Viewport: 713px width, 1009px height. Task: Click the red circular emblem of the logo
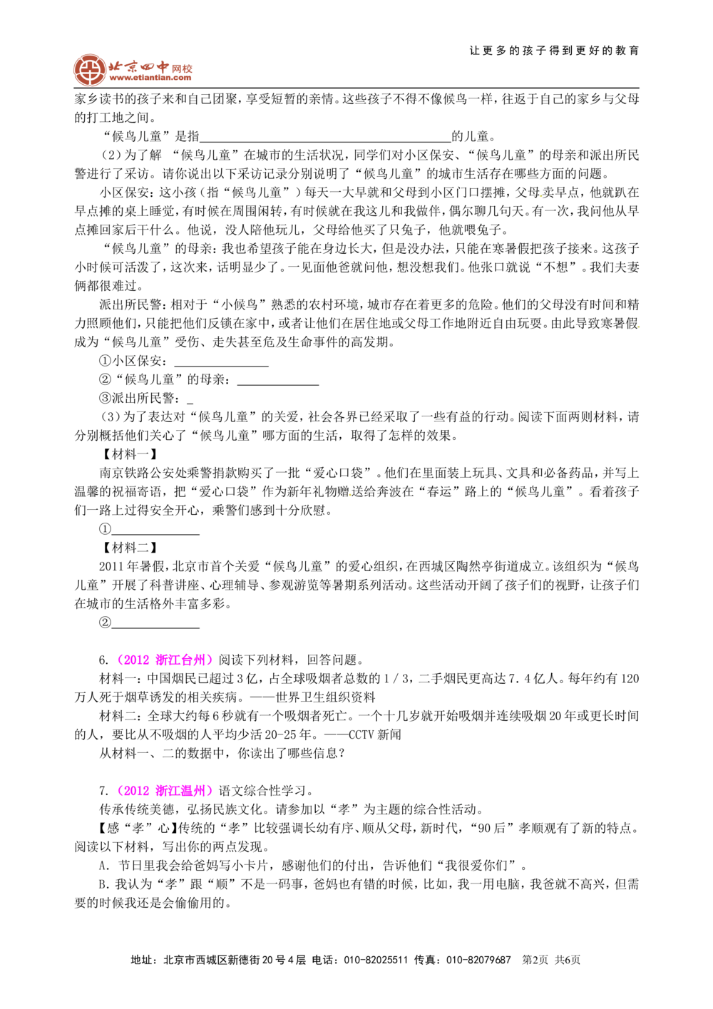(89, 70)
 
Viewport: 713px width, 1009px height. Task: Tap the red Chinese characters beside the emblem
(150, 68)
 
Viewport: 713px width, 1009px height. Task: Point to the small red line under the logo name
(150, 79)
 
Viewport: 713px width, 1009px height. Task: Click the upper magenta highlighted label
(165, 660)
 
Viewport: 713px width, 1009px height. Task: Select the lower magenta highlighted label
(165, 791)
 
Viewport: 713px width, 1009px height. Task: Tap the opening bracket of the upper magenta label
(118, 660)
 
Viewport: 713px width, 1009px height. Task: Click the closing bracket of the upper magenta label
(211, 660)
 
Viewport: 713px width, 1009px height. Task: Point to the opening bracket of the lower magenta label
(118, 791)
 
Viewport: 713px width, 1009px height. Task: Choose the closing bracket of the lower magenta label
(211, 791)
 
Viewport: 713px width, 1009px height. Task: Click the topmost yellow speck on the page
(540, 196)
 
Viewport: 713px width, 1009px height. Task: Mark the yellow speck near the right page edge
(638, 327)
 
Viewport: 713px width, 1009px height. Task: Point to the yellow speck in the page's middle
(350, 494)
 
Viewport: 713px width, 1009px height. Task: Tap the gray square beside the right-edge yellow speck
(642, 328)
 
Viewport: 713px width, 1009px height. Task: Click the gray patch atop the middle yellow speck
(350, 491)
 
